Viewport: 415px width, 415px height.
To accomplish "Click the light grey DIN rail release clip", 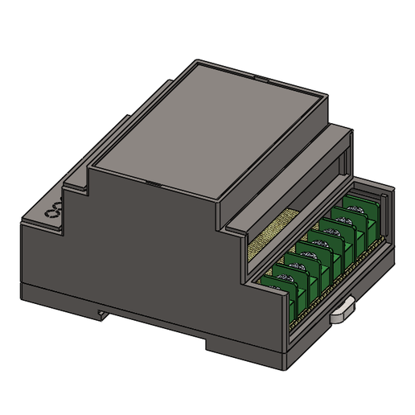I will [x=343, y=310].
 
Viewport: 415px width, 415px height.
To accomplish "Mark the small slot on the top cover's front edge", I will [x=153, y=183].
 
